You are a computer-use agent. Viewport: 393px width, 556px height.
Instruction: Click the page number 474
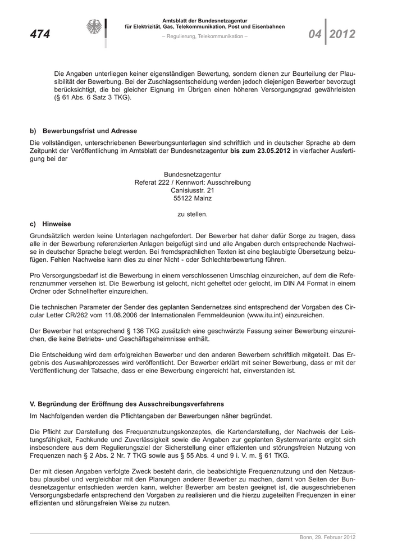pos(40,35)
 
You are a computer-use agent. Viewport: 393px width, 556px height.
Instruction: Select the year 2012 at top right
pos(342,35)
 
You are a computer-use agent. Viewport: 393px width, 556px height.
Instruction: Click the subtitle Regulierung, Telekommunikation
pos(204,37)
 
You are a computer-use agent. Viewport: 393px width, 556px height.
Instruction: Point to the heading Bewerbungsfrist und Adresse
pos(90,131)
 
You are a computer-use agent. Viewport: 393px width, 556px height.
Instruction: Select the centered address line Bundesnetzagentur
pos(193,175)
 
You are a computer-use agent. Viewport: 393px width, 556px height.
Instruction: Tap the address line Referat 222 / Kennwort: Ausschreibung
pos(193,183)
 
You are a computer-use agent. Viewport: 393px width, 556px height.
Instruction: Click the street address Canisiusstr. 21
pos(193,190)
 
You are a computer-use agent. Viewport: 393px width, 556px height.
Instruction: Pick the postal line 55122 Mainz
pos(193,198)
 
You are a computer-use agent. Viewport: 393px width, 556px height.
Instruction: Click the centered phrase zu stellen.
pos(193,214)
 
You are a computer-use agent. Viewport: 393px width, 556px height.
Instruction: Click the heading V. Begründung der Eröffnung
pos(126,404)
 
